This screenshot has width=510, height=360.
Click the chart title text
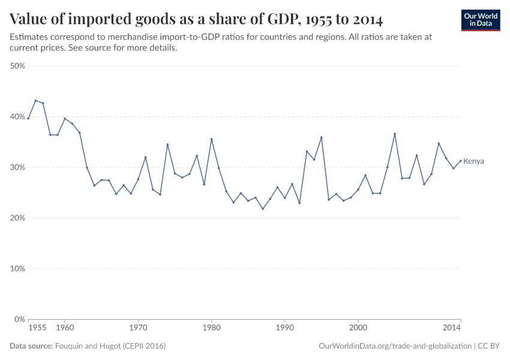tap(196, 19)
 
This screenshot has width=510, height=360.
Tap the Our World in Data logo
tap(481, 20)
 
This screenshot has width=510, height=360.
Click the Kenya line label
tap(473, 161)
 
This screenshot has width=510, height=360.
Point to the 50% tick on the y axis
tap(17, 66)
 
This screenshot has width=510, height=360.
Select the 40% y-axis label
tap(17, 117)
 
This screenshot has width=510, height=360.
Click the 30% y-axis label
tap(17, 167)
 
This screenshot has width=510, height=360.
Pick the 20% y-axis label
tap(17, 218)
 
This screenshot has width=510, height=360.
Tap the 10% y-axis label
tap(17, 269)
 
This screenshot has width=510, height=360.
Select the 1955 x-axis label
tap(37, 329)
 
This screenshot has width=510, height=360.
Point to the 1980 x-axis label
tap(211, 329)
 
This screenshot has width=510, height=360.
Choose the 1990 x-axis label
tap(284, 329)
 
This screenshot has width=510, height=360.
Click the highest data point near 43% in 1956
tap(35, 101)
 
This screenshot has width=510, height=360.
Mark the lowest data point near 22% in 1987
tap(263, 209)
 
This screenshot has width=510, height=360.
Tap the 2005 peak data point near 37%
tap(395, 134)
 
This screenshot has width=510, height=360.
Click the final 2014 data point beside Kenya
tap(460, 161)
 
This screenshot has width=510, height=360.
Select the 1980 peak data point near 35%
tap(211, 139)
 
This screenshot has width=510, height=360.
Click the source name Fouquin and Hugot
tap(110, 346)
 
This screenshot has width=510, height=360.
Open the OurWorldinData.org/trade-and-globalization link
tap(395, 346)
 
